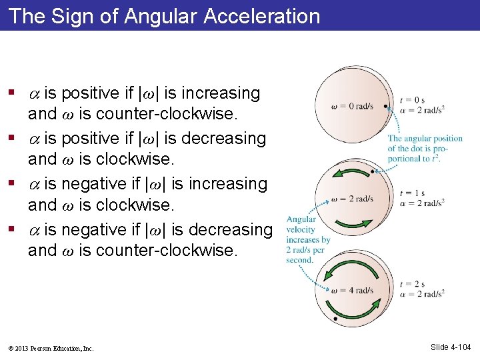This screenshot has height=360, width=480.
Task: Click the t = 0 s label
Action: [x=412, y=100]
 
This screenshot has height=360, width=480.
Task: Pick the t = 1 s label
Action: [x=412, y=193]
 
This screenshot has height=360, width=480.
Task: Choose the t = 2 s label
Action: [x=412, y=285]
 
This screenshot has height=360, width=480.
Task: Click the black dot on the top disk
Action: [x=387, y=106]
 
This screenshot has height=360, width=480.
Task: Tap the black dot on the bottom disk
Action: [x=335, y=321]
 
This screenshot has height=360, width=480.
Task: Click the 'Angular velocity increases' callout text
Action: [x=301, y=239]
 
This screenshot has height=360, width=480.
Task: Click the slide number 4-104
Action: [x=451, y=347]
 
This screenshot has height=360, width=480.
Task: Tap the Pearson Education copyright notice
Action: [x=52, y=348]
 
